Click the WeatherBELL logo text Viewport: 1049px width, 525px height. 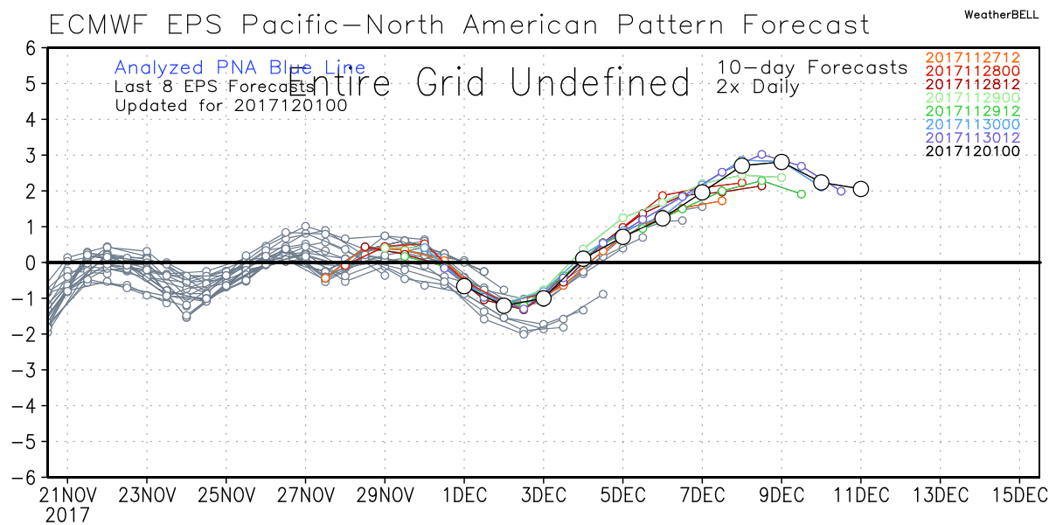(1002, 15)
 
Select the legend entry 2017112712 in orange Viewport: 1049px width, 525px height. (971, 58)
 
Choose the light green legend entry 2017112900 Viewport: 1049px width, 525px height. (971, 97)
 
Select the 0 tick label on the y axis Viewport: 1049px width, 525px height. (29, 262)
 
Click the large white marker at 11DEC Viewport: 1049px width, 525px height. (860, 188)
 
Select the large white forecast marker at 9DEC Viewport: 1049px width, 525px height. (782, 162)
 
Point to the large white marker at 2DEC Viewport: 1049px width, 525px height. (504, 305)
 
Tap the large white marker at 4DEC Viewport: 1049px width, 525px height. (583, 257)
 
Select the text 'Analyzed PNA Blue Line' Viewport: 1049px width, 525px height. (240, 67)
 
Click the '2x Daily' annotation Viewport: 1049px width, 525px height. (759, 87)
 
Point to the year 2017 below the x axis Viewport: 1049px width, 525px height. (66, 514)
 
